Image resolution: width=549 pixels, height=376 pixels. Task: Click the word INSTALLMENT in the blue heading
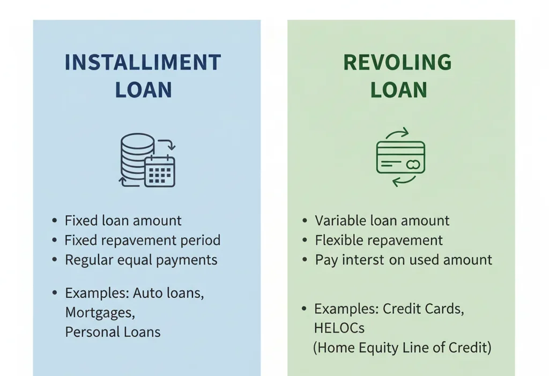coord(143,63)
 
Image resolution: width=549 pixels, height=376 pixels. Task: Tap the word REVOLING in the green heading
coord(397,63)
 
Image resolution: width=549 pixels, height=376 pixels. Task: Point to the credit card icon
coord(400,157)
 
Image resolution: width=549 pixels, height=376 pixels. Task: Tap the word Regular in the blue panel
coord(87,260)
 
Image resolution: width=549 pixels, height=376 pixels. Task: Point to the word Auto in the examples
coord(147,293)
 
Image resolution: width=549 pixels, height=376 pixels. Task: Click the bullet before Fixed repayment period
coord(55,240)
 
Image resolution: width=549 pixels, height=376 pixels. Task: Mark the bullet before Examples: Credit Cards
coord(304,309)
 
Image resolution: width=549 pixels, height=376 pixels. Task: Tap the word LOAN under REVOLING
coord(398,90)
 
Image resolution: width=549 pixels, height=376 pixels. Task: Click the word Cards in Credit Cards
coord(444,309)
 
